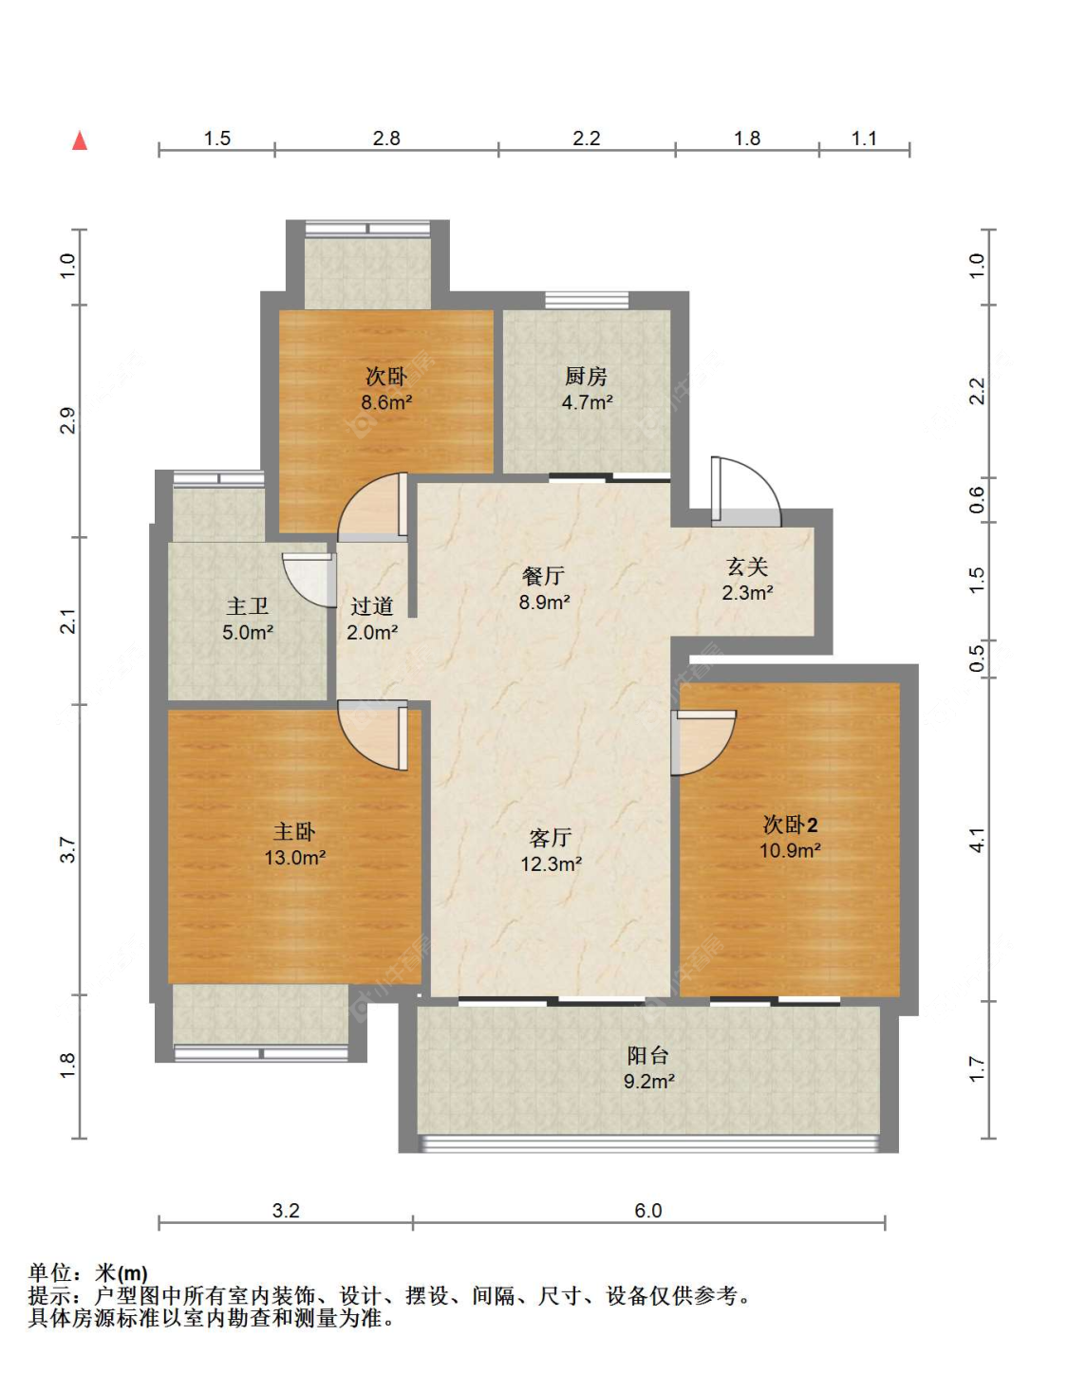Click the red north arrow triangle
(x=80, y=140)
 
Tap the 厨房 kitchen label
(x=586, y=377)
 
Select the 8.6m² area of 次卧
(x=386, y=402)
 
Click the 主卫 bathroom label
(x=247, y=606)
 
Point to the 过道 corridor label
(x=371, y=606)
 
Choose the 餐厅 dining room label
(x=543, y=576)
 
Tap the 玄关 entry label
(x=747, y=566)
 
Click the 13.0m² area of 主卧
(x=295, y=858)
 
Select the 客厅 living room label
(x=551, y=838)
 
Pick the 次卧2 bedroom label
(x=790, y=825)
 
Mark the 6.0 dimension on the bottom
(x=647, y=1211)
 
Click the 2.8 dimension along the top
(x=386, y=139)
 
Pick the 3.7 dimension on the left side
(x=68, y=849)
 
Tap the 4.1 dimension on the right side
(x=977, y=841)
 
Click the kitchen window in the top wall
(x=587, y=301)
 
